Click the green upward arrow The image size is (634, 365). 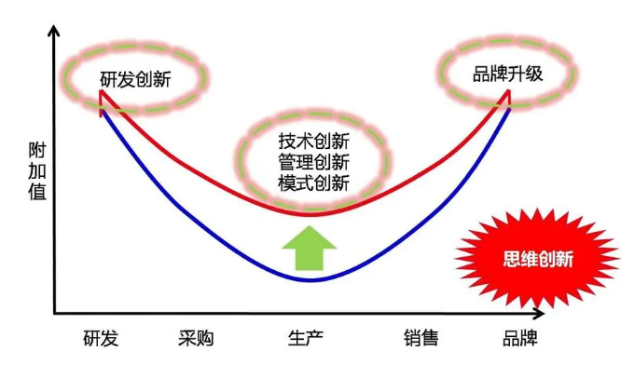click(x=309, y=247)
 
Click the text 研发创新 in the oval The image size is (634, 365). click(x=136, y=77)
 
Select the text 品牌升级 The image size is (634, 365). click(x=508, y=74)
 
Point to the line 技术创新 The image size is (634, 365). click(x=313, y=142)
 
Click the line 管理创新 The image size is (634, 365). click(x=313, y=162)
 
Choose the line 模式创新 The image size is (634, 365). click(x=313, y=182)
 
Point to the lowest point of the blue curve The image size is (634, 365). click(x=311, y=279)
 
